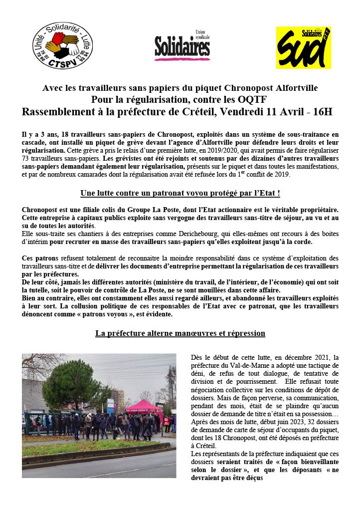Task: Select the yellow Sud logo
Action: [303, 47]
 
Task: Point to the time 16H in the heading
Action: [322, 111]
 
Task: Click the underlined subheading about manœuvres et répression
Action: [180, 333]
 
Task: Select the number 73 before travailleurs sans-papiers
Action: [26, 158]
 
